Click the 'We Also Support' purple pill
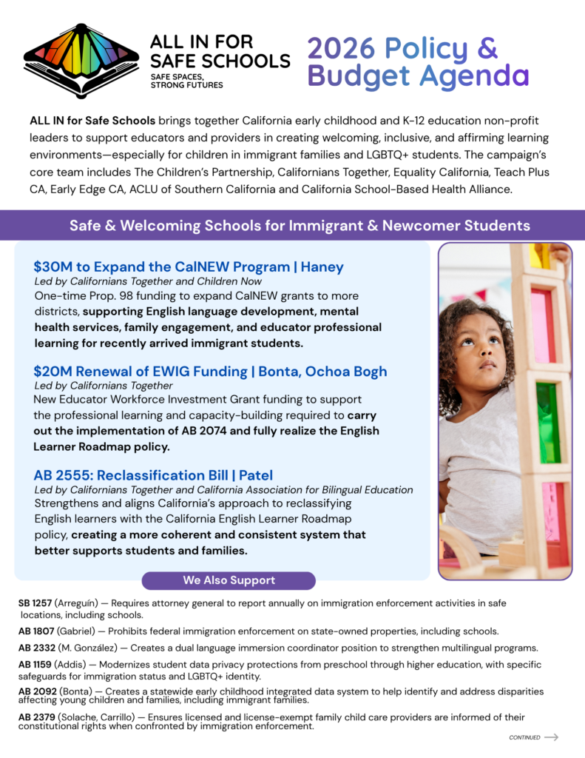pos(229,580)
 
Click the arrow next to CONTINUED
pos(551,737)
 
